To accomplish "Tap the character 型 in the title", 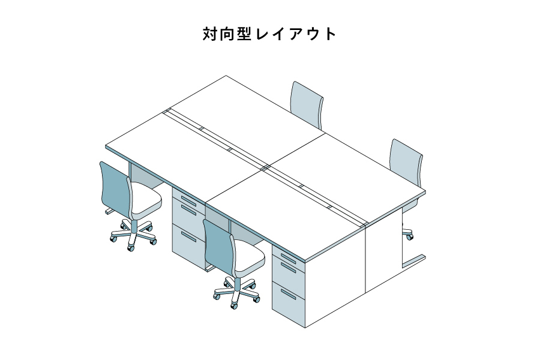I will pos(247,34).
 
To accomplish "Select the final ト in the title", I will pos(329,34).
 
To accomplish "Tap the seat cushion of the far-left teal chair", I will pos(146,203).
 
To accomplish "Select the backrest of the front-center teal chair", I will pos(218,246).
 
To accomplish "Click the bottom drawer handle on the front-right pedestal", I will pos(289,295).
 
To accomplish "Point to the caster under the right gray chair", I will pos(410,236).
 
